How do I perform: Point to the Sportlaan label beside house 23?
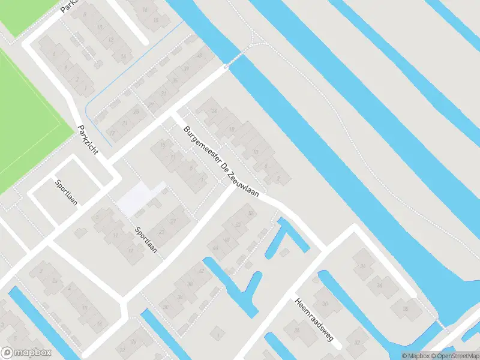pyautogui.click(x=146, y=239)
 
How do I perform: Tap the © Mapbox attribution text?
pyautogui.click(x=415, y=356)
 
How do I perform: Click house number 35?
pyautogui.click(x=175, y=81)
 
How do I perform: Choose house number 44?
pyautogui.click(x=214, y=247)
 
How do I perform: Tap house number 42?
pyautogui.click(x=201, y=271)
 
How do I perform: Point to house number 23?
pyautogui.click(x=159, y=234)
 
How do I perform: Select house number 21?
pyautogui.click(x=125, y=124)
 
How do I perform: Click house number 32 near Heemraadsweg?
pyautogui.click(x=357, y=343)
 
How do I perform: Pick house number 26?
pyautogui.click(x=164, y=308)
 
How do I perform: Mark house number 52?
pyautogui.click(x=238, y=224)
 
